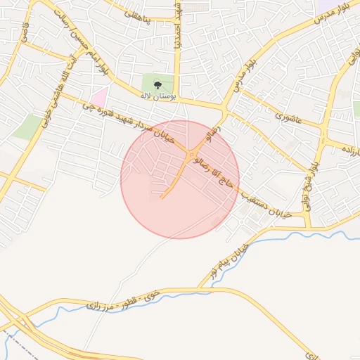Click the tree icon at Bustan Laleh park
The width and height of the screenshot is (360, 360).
(157, 86)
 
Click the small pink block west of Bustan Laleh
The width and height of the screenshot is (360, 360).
(100, 96)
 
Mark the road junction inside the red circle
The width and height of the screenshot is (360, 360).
(190, 153)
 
